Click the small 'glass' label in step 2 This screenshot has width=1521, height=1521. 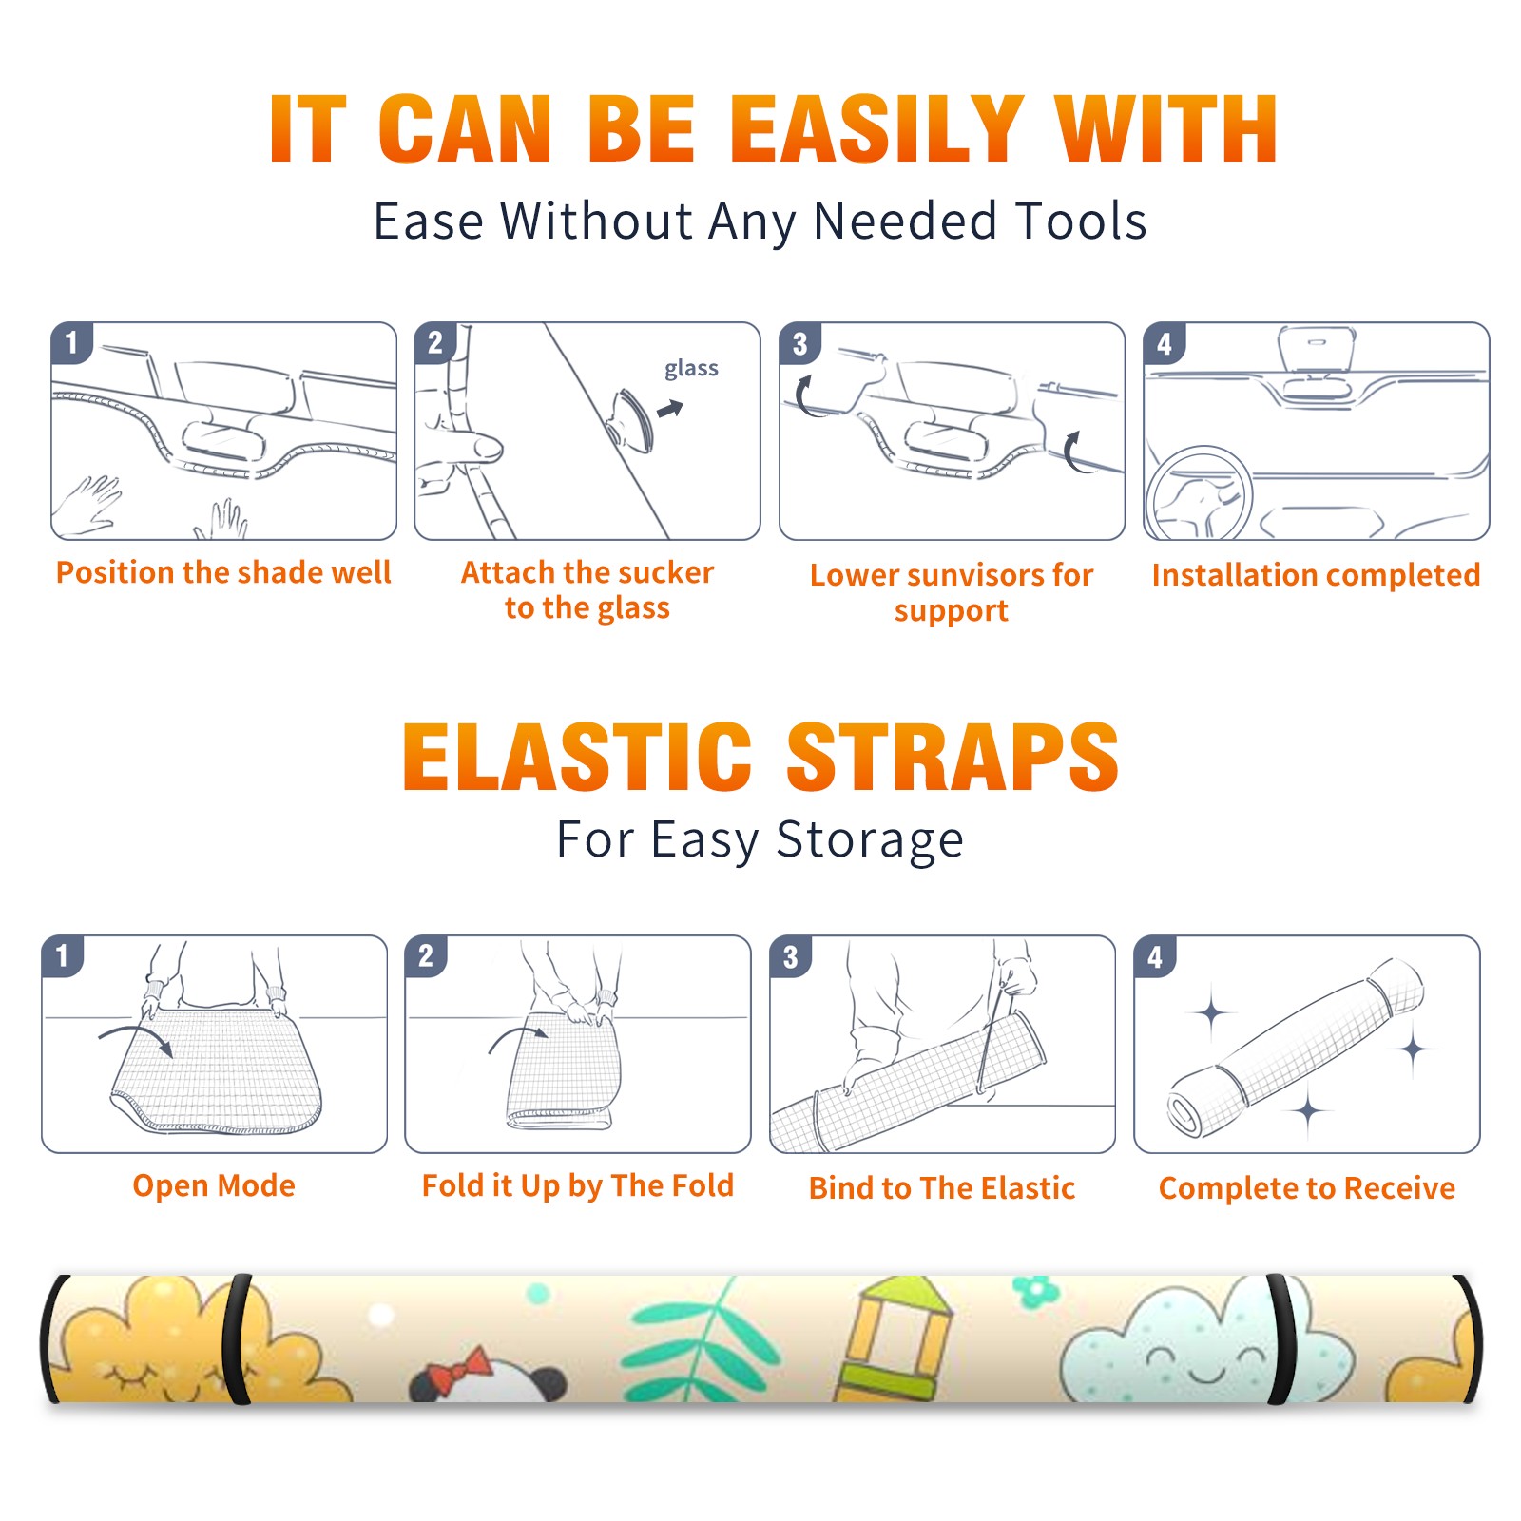[691, 369]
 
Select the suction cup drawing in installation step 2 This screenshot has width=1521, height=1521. [632, 419]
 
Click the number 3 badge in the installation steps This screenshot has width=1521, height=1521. [799, 343]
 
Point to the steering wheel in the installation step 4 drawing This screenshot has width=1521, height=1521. [1200, 493]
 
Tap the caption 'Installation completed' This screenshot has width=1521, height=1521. [1316, 575]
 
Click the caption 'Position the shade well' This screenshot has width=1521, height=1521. [223, 572]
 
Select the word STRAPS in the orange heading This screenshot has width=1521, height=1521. [953, 757]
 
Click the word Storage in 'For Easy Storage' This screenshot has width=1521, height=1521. [870, 840]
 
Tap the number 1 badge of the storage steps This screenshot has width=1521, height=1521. [63, 955]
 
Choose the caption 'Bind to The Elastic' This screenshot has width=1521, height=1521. [941, 1188]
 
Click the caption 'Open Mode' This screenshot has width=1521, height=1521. [214, 1185]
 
